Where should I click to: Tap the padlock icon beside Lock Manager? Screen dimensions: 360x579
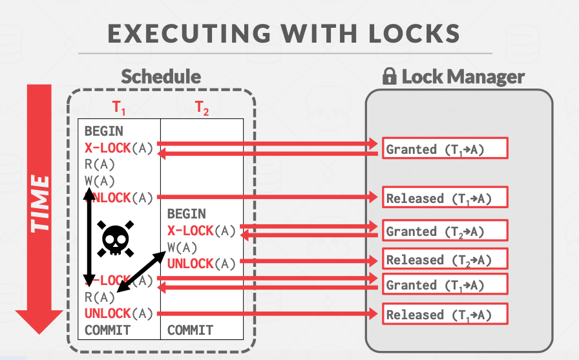tap(389, 78)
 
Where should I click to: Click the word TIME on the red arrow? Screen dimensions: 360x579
tap(40, 203)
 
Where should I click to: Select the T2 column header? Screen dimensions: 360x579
tap(202, 109)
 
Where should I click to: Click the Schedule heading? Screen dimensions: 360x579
tap(161, 76)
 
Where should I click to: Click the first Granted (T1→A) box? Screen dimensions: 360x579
tap(444, 149)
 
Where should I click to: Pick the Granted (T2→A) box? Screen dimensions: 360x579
tap(444, 231)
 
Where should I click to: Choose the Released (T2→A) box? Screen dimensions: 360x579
tap(444, 260)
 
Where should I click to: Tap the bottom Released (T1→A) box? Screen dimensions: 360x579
tap(444, 315)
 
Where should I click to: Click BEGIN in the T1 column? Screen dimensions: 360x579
tap(103, 131)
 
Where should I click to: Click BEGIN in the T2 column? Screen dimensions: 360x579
tap(187, 214)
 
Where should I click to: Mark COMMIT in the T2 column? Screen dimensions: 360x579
tap(191, 330)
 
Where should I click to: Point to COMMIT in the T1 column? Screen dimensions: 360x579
tap(107, 330)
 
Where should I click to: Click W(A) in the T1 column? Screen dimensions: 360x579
tap(100, 180)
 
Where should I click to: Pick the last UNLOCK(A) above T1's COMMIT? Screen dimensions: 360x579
tap(119, 313)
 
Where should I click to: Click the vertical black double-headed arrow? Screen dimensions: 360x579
tap(89, 237)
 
